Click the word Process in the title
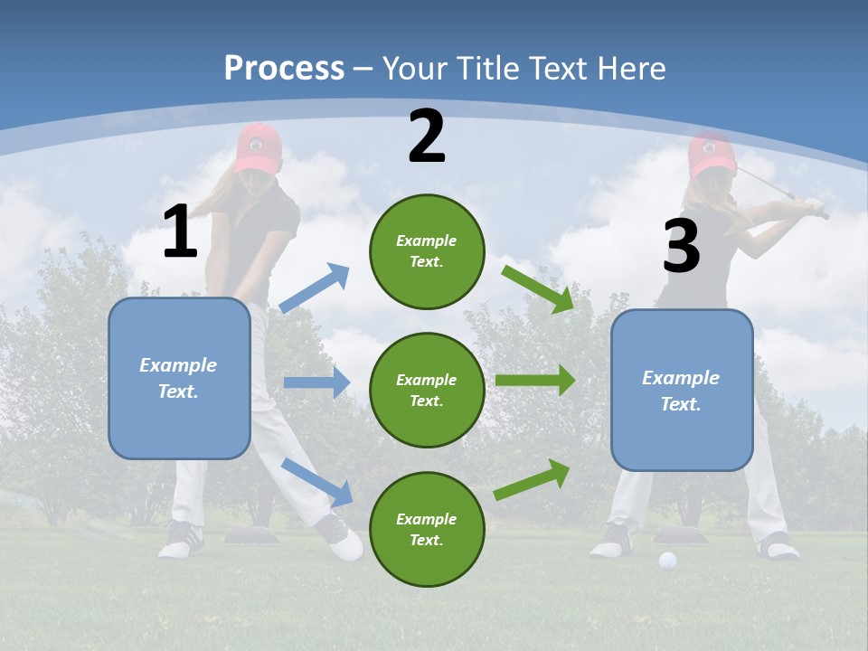[x=284, y=69]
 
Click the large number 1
[x=180, y=232]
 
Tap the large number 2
[x=427, y=137]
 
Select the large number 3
[x=681, y=246]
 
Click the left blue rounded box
[x=179, y=378]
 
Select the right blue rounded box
[x=682, y=390]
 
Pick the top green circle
[x=427, y=251]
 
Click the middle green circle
[x=427, y=390]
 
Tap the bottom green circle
[x=427, y=529]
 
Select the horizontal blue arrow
[x=316, y=382]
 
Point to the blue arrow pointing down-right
[x=317, y=482]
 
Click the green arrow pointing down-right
[x=539, y=288]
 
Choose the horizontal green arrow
[x=535, y=380]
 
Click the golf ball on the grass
[x=667, y=561]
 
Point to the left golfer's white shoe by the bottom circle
[x=346, y=545]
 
